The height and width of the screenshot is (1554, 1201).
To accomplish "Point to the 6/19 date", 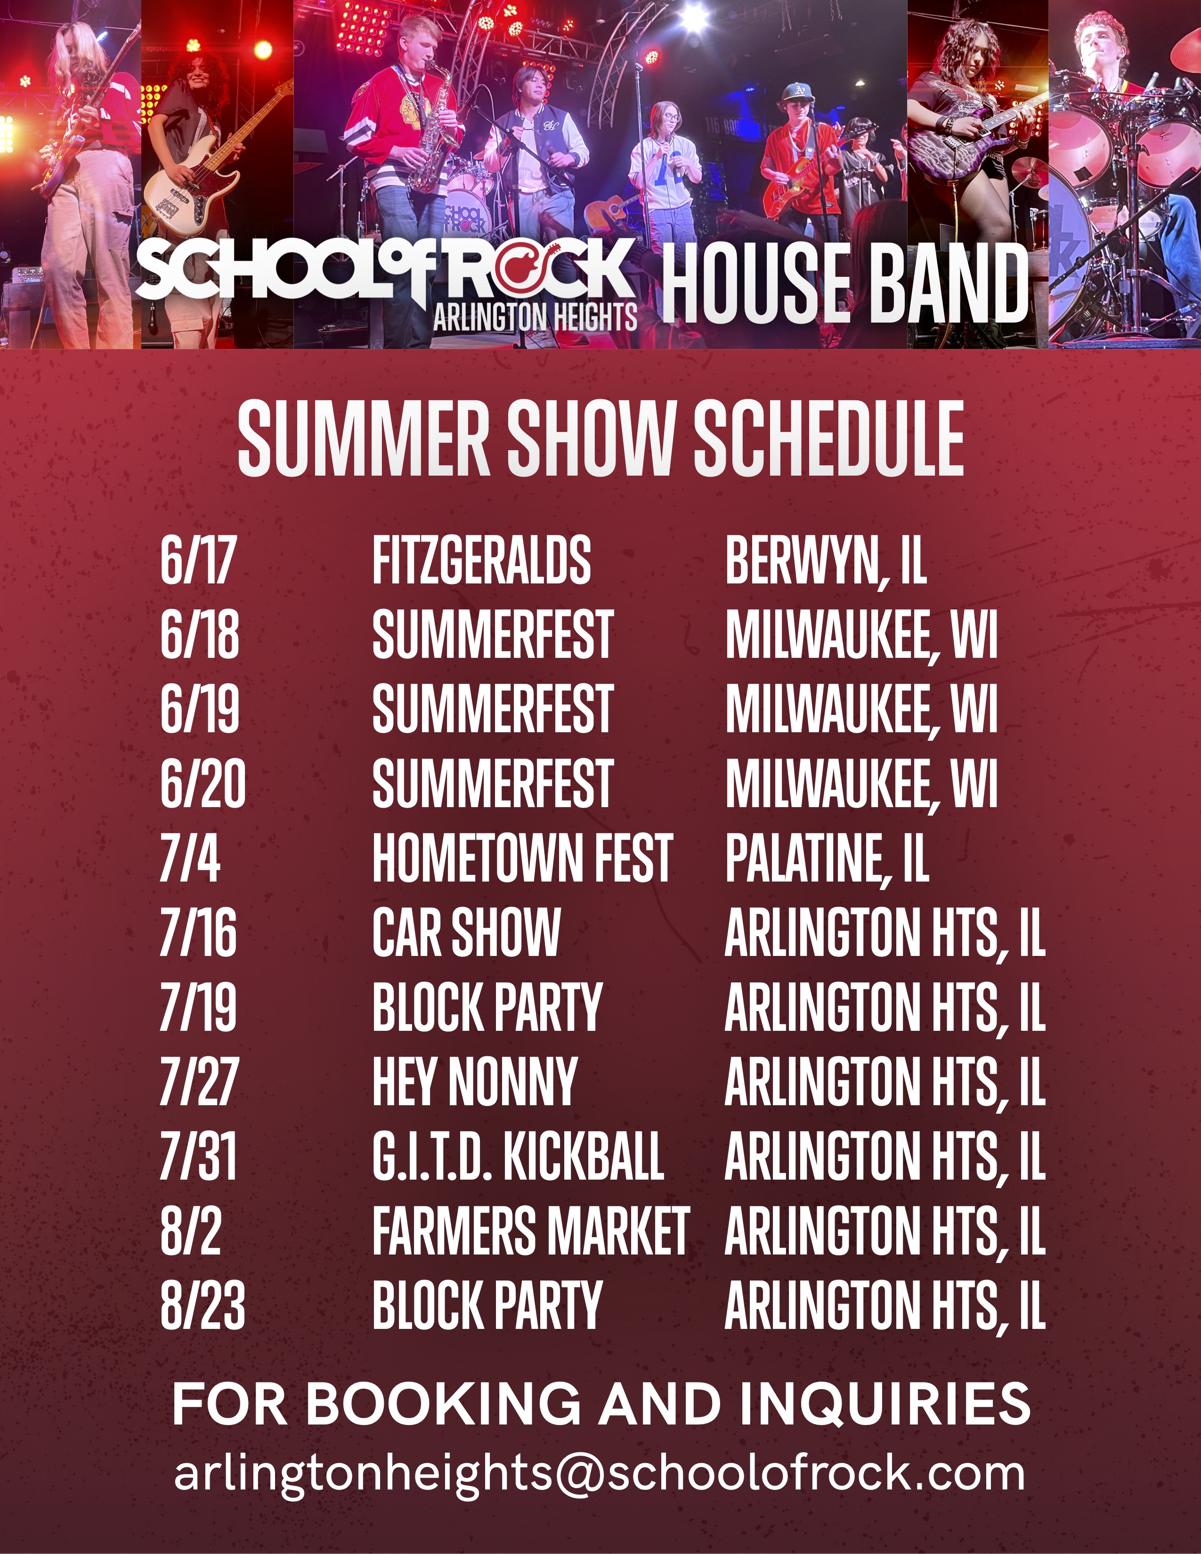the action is (x=200, y=709).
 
